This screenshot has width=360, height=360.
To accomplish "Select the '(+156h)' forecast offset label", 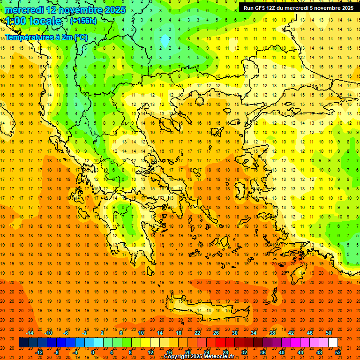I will coord(83,21).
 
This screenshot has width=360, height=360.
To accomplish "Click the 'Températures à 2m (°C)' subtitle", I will coord(46,37).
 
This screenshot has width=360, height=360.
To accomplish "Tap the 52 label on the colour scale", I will coord(338,352).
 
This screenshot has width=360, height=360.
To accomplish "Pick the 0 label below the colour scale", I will coord(92,352).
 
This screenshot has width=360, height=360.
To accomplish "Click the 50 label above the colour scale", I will coord(329,333).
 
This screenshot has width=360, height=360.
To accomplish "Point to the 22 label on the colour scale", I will coord(197,333).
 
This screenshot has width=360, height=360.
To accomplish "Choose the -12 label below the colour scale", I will coord(39,352).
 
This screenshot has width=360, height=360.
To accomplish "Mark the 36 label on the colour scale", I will coord(263,352).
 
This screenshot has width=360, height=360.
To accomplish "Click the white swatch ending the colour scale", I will coord(333,343).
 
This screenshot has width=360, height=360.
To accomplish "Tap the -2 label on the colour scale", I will coord(85,333).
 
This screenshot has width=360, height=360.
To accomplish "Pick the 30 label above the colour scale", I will coord(235,333).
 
